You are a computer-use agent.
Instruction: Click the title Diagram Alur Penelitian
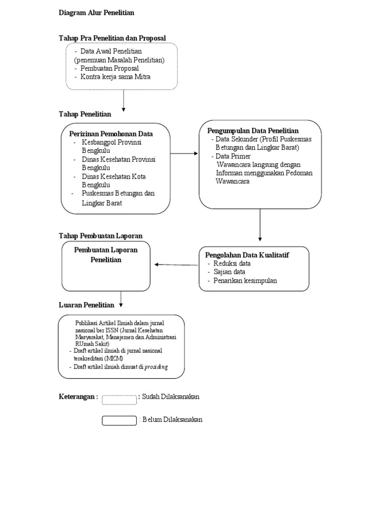click(96, 13)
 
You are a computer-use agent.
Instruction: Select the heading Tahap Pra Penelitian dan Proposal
click(112, 38)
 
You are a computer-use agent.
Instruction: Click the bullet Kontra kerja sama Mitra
click(115, 76)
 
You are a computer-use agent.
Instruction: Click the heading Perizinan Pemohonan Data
click(111, 134)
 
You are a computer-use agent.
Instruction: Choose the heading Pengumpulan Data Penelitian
click(253, 131)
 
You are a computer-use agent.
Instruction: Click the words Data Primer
click(233, 156)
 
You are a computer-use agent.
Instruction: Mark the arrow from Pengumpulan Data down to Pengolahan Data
click(260, 225)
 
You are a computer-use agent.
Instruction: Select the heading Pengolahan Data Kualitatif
click(247, 255)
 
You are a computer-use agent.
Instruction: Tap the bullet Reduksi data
click(232, 263)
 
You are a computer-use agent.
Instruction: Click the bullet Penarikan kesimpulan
click(245, 281)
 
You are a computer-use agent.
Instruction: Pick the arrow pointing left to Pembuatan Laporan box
click(176, 265)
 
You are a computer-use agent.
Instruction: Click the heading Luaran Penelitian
click(86, 305)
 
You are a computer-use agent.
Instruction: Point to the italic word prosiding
click(156, 367)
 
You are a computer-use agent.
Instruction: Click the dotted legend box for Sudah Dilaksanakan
click(119, 400)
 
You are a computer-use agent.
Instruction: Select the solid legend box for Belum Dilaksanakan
click(119, 420)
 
